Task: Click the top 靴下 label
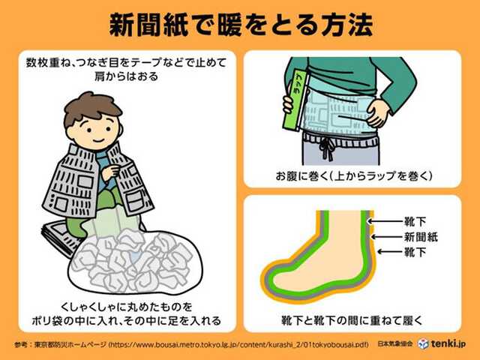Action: pos(417,222)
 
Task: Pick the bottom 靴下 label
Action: pos(417,252)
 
